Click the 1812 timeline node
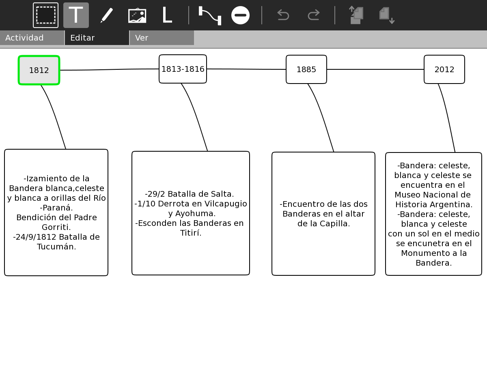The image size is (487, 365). coord(39,70)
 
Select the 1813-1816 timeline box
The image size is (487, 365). coord(183,69)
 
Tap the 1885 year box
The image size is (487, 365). coord(306,69)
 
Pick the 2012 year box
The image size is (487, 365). coord(444,69)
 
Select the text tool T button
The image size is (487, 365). coord(76,15)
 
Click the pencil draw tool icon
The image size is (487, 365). coord(107,15)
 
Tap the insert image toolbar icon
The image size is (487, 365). coord(137,15)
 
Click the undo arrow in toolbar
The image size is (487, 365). coord(283,15)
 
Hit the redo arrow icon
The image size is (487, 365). coord(314,15)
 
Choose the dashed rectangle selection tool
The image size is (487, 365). coord(45,15)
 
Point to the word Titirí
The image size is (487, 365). coord(191,233)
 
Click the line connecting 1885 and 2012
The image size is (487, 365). coord(375,69)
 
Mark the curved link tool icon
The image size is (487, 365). coord(210,15)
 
